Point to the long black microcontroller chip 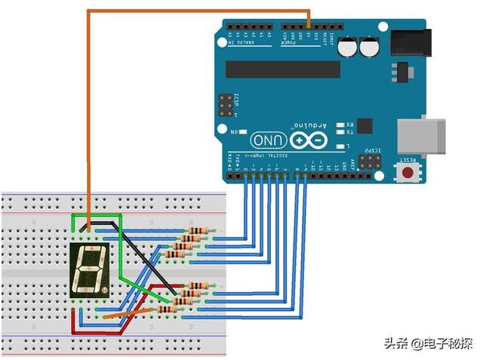pyautogui.click(x=284, y=69)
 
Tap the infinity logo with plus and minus pyautogui.click(x=309, y=140)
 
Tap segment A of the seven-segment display pyautogui.click(x=91, y=254)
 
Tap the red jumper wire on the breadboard pyautogui.click(x=73, y=320)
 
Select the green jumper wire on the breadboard pyautogui.click(x=140, y=279)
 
